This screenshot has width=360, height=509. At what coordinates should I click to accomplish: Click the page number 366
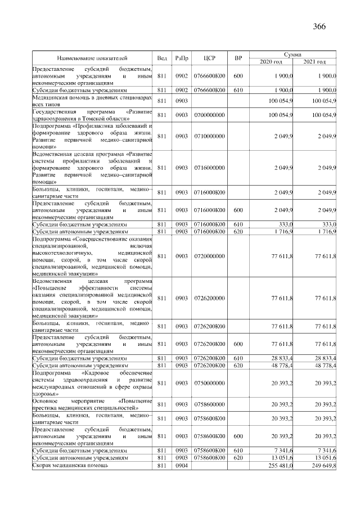319,26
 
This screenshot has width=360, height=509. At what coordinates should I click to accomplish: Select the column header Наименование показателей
92,58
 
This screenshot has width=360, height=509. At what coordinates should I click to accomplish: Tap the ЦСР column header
210,58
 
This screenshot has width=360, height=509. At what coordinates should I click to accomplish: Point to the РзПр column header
182,58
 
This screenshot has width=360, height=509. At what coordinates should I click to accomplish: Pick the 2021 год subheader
314,61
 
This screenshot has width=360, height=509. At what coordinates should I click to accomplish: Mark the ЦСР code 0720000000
210,256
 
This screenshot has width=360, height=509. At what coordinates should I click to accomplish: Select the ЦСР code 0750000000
210,384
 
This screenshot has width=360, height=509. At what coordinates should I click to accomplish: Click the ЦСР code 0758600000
210,404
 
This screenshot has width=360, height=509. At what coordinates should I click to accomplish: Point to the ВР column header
238,58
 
